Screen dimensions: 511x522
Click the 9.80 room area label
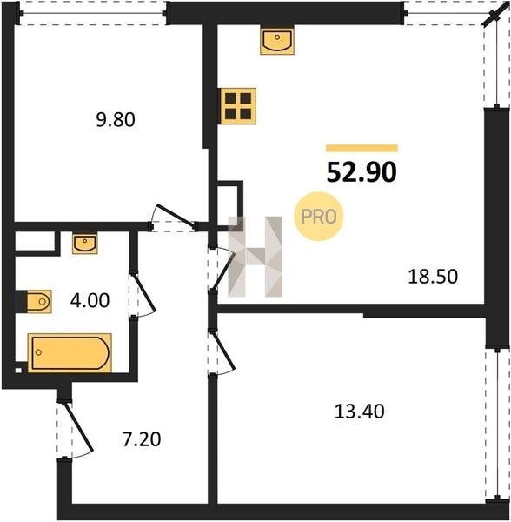pos(116,120)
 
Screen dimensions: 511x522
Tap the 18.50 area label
pos(433,277)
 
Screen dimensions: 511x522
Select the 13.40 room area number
pos(360,412)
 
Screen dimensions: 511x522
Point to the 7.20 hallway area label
pos(142,439)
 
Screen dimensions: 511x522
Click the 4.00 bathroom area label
pos(90,300)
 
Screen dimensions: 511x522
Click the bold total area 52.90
pos(362,172)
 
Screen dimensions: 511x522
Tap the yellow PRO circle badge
pos(318,217)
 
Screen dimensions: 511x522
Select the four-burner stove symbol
pos(238,106)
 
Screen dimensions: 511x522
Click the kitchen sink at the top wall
pos(277,41)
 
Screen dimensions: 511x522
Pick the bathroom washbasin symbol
pos(85,244)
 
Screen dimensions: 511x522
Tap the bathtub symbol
pos(70,353)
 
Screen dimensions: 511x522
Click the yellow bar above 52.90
pos(362,148)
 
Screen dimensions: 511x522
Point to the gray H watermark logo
pos(255,257)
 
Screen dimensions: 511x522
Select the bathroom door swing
pos(143,294)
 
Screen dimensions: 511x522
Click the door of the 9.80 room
pos(172,217)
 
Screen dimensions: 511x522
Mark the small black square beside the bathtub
pos(18,371)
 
